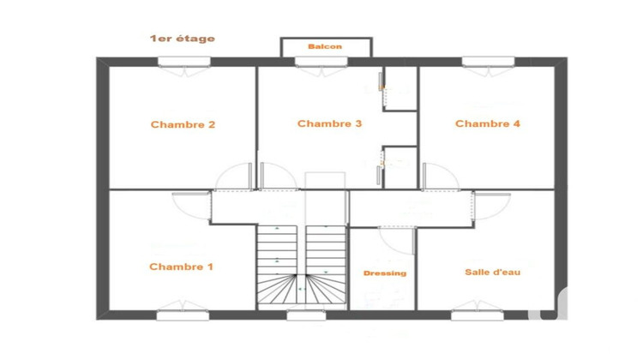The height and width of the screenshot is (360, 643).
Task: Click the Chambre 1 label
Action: pyautogui.click(x=181, y=267)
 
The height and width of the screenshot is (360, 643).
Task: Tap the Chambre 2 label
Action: pyautogui.click(x=183, y=124)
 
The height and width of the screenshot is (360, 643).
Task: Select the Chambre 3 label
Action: pyautogui.click(x=329, y=123)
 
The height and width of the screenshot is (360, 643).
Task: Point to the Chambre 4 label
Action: pyautogui.click(x=487, y=123)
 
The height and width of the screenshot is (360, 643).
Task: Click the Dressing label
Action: pyautogui.click(x=384, y=273)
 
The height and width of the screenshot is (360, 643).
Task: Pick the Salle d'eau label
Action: pyautogui.click(x=492, y=272)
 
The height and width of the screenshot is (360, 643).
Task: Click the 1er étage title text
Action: pyautogui.click(x=182, y=39)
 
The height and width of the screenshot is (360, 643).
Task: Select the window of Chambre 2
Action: pyautogui.click(x=183, y=62)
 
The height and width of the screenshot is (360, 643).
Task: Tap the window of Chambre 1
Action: pyautogui.click(x=183, y=315)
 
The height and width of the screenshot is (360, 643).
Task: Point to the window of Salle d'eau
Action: pyautogui.click(x=477, y=315)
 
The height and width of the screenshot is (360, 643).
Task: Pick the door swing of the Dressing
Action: pyautogui.click(x=395, y=239)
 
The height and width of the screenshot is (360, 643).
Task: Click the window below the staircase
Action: pyautogui.click(x=301, y=315)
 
